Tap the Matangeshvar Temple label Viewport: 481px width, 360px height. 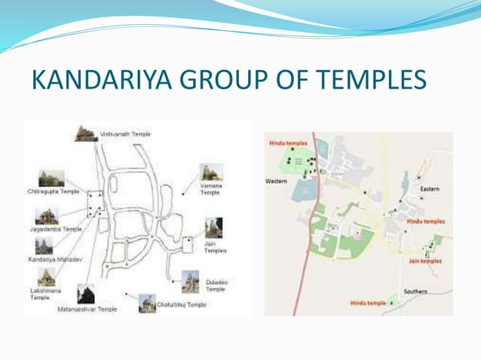[x=87, y=309]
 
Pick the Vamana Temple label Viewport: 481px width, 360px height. [x=210, y=188]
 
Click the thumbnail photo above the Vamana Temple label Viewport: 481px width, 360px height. [x=210, y=172]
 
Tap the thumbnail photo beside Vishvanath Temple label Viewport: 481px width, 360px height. [x=86, y=133]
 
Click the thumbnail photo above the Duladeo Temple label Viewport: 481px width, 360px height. [x=190, y=281]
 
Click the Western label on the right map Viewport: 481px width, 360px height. [x=276, y=182]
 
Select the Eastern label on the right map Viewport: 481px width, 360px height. [x=430, y=188]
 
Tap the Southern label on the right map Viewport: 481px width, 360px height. [x=415, y=291]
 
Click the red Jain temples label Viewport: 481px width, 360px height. [x=425, y=261]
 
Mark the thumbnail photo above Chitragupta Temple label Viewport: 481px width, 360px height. [x=51, y=178]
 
